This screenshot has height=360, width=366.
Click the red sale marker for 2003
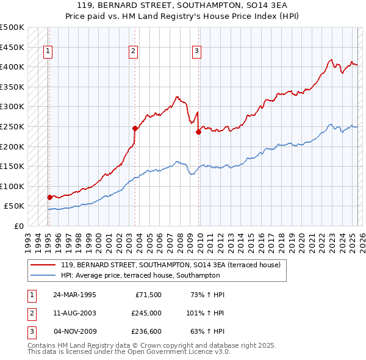(x=135, y=128)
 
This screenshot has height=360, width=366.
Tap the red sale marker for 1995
(x=49, y=197)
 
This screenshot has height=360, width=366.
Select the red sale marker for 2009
(x=198, y=131)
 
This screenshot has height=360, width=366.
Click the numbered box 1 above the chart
(x=48, y=52)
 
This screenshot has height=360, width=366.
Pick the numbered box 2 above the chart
(x=133, y=52)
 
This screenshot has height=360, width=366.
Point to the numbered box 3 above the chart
(x=196, y=52)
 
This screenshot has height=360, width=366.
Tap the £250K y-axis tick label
(x=12, y=127)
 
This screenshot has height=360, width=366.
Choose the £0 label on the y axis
(x=18, y=226)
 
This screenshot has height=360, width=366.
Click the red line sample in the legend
(x=43, y=265)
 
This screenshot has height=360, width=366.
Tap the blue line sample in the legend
(x=43, y=276)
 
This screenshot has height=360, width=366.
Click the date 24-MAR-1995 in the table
(x=75, y=295)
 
